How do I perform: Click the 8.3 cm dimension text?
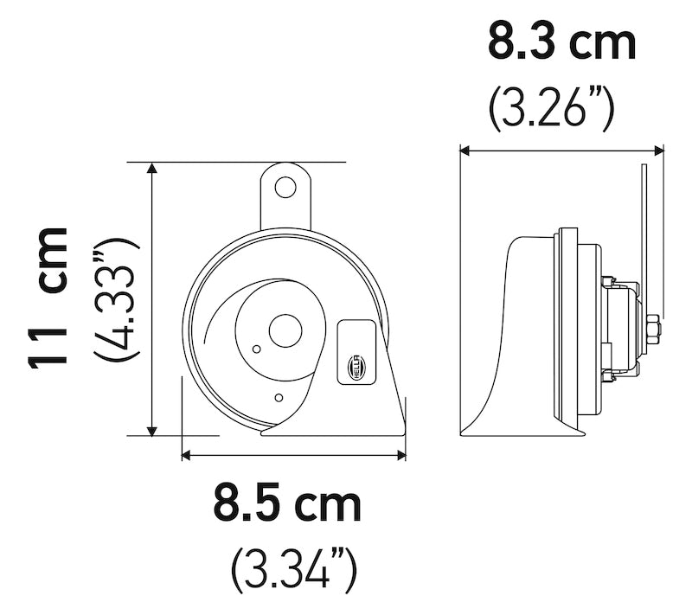click(x=561, y=42)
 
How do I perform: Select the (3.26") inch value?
click(x=551, y=107)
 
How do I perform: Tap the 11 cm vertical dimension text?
click(x=48, y=298)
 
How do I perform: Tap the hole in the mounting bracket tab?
click(x=285, y=187)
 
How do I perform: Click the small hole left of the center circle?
click(x=256, y=349)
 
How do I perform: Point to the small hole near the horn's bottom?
click(x=278, y=398)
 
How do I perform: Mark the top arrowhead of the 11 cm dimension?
click(x=153, y=168)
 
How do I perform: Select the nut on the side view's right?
click(x=652, y=329)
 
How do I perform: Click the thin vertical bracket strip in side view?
click(x=643, y=225)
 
